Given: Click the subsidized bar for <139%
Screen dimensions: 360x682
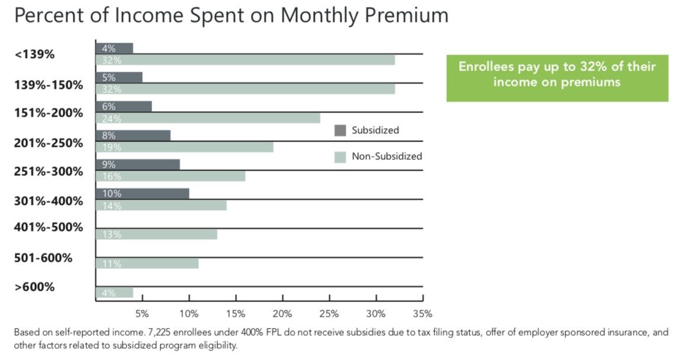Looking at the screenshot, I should coord(114,48).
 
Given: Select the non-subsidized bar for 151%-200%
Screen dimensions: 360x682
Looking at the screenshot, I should coord(207,118).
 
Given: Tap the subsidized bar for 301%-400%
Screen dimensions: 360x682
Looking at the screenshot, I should coord(142,194).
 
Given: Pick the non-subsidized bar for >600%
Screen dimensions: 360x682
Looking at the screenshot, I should coord(114,292).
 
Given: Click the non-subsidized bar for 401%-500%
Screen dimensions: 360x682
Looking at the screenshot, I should coord(156,234).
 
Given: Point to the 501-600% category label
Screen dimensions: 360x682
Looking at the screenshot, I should coord(43,258).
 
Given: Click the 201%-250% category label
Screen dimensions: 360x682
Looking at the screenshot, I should coord(49,143).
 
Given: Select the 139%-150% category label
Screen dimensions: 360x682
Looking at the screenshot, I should coord(49,85).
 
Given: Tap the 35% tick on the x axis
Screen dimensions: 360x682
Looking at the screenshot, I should coord(423,313).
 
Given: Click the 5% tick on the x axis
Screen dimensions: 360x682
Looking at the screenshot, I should coord(142,313).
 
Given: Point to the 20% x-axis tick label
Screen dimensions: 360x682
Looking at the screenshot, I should coord(282,313).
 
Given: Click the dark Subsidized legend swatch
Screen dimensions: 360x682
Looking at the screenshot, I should coord(340,130).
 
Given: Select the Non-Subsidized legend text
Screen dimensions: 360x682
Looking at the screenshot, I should coord(387,156).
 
